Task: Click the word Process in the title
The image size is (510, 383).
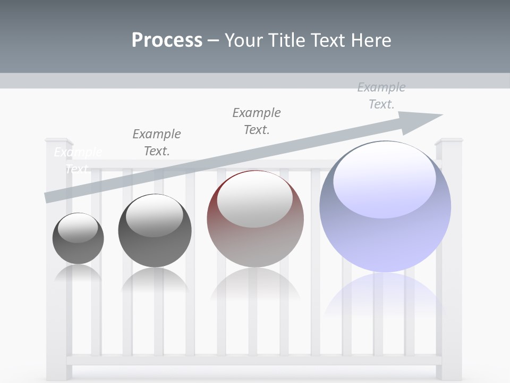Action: coord(167,40)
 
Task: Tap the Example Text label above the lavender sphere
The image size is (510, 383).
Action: coord(381,96)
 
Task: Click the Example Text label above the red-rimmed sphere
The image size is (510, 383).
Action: coord(257,121)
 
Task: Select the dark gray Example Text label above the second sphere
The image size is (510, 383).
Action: coord(157,142)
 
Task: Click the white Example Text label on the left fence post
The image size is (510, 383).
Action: coord(78,161)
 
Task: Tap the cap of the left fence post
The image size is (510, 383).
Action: coord(59,141)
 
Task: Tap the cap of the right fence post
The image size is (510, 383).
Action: coord(449,141)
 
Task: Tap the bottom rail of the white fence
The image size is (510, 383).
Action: coord(255,360)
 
